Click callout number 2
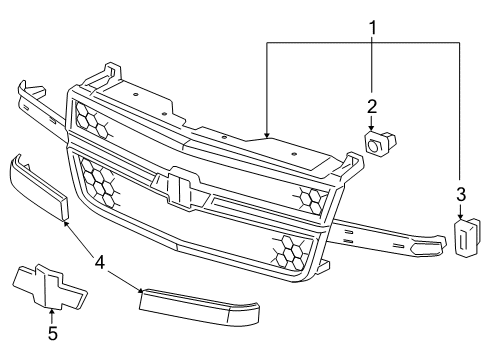pyautogui.click(x=371, y=106)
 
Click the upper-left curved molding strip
pyautogui.click(x=38, y=184)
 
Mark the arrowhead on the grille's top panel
pyautogui.click(x=266, y=134)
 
